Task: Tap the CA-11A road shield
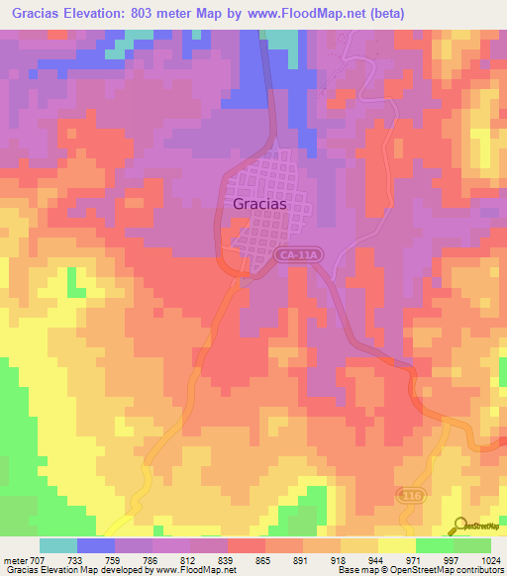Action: pyautogui.click(x=298, y=255)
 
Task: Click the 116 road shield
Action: pyautogui.click(x=409, y=494)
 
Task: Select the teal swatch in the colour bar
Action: pyautogui.click(x=58, y=545)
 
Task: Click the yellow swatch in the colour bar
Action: pyautogui.click(x=397, y=545)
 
